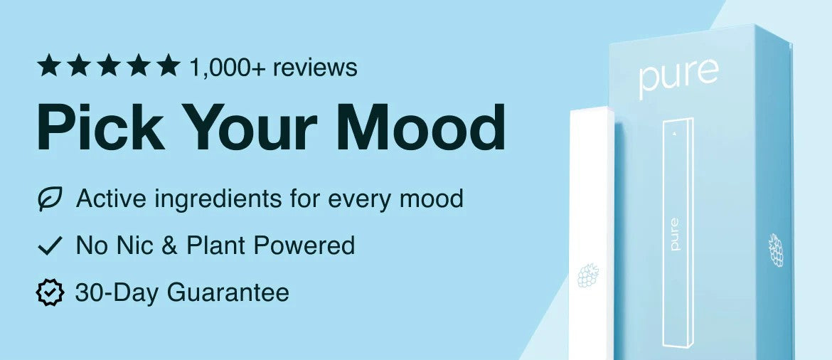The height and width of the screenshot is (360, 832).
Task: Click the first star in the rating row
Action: tap(48, 65)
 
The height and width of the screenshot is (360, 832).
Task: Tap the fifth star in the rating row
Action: tap(169, 65)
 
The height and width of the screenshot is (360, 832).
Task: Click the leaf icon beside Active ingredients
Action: tap(50, 198)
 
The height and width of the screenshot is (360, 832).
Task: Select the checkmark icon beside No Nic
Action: tap(50, 246)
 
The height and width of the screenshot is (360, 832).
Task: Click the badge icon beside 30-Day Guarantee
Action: tap(50, 292)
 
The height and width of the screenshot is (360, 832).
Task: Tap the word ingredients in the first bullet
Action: tap(218, 200)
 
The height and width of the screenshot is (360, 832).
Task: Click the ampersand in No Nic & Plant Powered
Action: tap(170, 246)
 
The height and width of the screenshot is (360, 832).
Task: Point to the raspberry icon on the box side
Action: tap(777, 250)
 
